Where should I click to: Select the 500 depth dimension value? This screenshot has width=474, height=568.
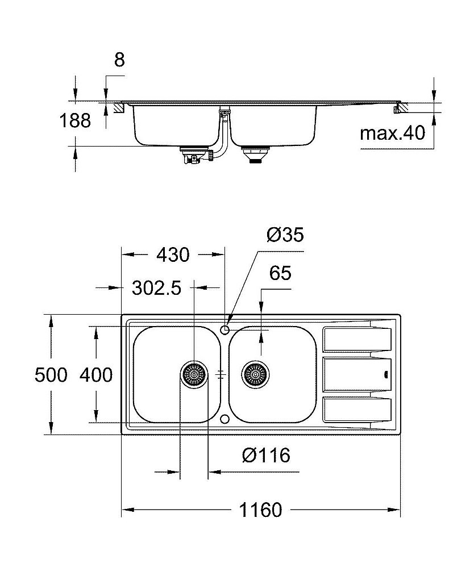tap(51, 375)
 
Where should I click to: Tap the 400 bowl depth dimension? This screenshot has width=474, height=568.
tap(95, 375)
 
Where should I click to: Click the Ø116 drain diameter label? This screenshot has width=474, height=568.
tap(265, 455)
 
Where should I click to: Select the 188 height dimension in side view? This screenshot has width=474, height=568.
tap(75, 120)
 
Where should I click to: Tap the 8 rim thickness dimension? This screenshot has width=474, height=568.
tap(119, 60)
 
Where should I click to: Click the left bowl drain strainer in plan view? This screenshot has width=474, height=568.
tap(194, 374)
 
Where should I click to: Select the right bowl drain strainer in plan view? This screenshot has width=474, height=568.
tap(255, 374)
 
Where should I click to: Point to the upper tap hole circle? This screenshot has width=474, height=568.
tap(226, 329)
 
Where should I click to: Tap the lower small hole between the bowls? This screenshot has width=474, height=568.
tap(225, 419)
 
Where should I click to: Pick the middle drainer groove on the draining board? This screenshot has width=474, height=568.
tap(356, 374)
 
